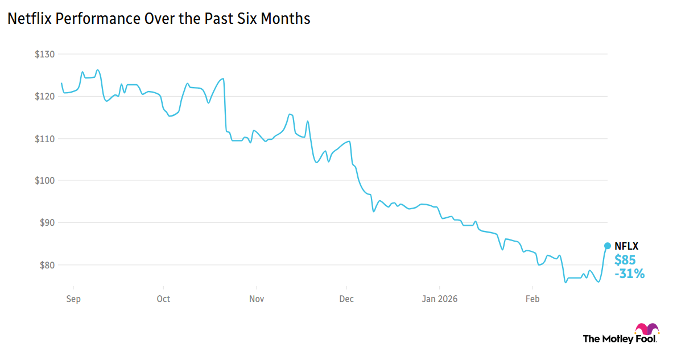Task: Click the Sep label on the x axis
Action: click(x=73, y=298)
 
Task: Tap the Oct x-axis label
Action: click(x=163, y=298)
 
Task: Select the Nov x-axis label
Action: click(x=257, y=298)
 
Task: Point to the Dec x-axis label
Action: click(x=346, y=298)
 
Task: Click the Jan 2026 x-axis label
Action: click(x=439, y=298)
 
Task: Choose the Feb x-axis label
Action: click(x=532, y=298)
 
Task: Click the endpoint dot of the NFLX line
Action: click(x=607, y=246)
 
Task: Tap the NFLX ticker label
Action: click(x=626, y=246)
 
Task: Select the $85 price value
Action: click(x=625, y=260)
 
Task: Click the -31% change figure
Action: click(x=629, y=274)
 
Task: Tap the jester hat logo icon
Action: click(x=647, y=329)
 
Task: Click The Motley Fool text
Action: click(x=619, y=339)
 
